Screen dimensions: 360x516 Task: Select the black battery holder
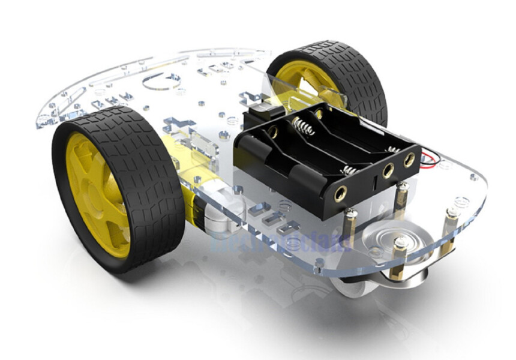point(324,162)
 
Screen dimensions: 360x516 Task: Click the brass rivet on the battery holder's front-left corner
point(340,193)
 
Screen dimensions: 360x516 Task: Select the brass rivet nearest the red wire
point(409,160)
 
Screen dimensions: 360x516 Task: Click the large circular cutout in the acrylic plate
point(162,81)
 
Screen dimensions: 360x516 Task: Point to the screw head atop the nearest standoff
point(400,243)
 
